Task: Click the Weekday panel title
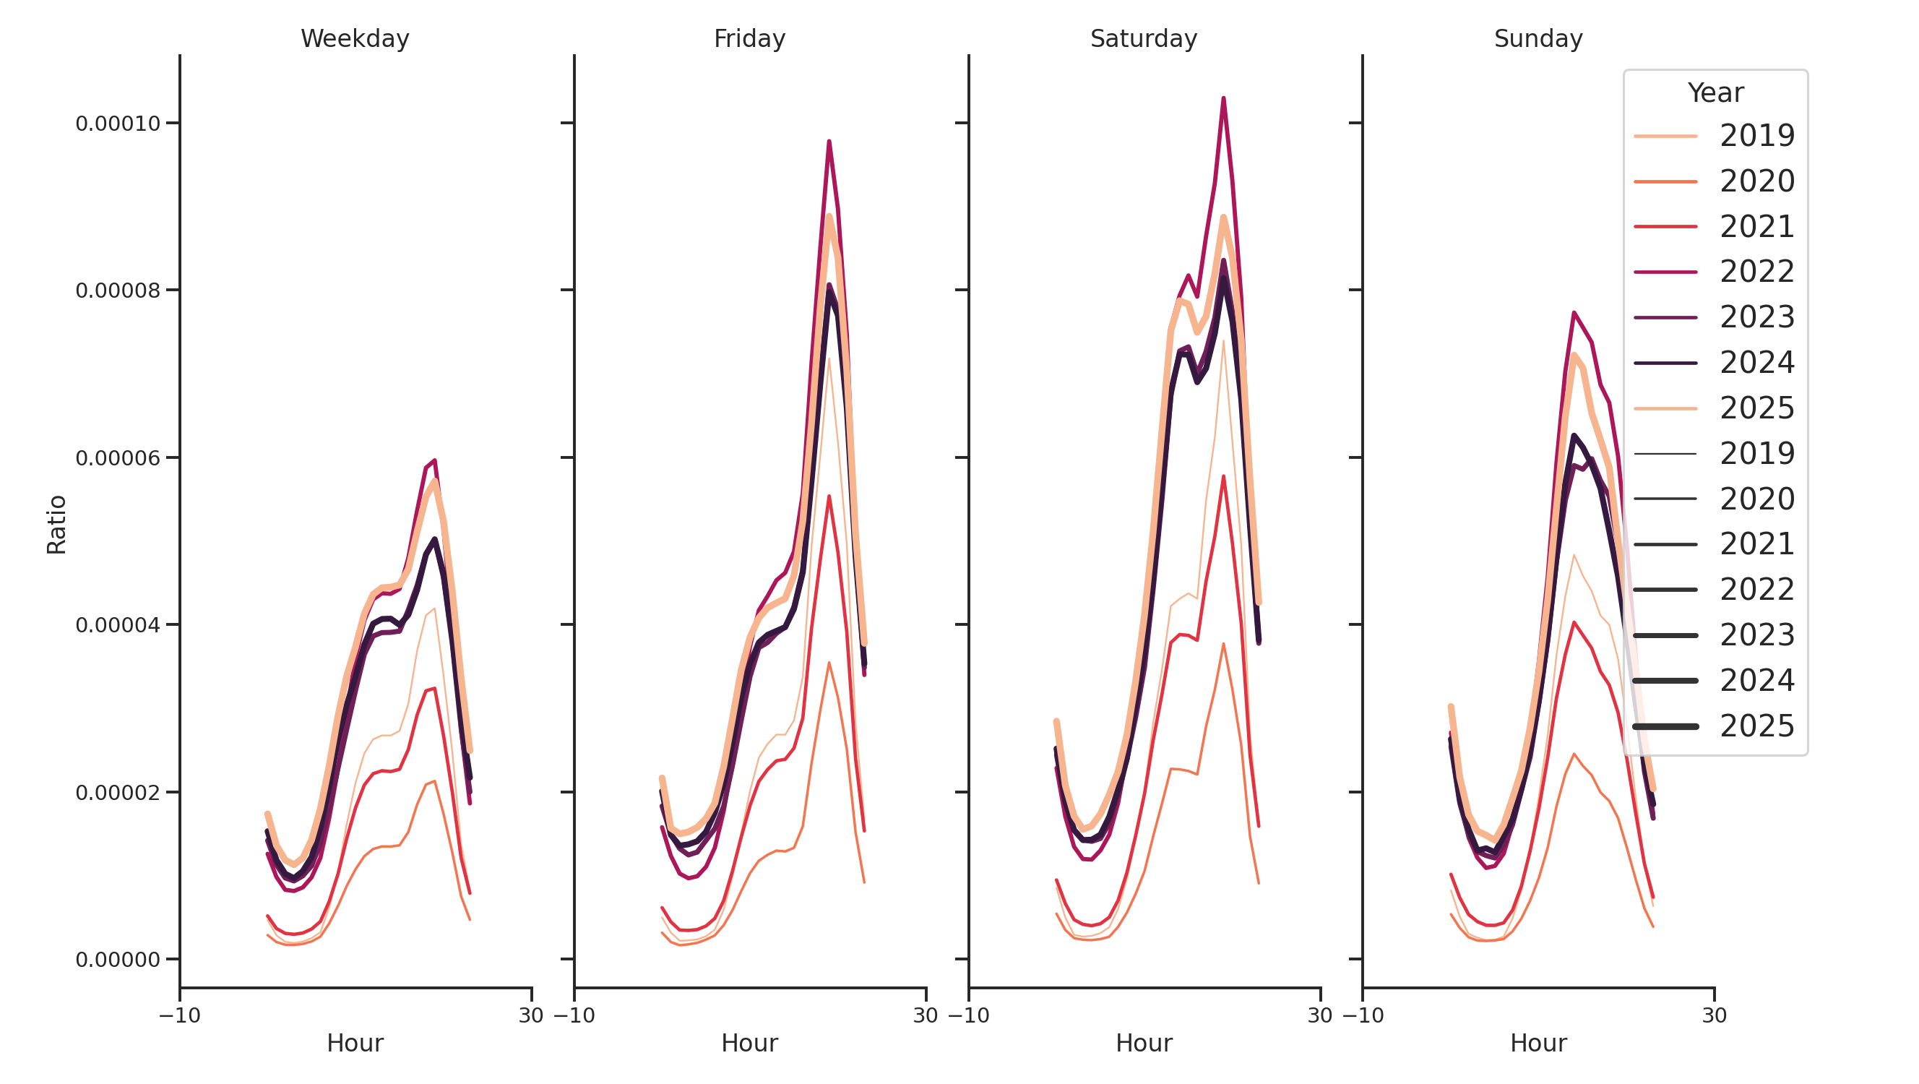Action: coord(355,39)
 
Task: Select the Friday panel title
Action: coord(749,39)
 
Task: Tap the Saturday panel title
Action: coord(1144,39)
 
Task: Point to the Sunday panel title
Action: coord(1538,39)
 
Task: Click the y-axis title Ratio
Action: coord(56,525)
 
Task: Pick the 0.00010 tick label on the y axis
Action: coord(118,124)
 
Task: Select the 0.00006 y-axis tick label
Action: coord(118,458)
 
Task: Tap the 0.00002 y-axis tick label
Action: coord(118,793)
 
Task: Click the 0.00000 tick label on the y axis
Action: coord(118,960)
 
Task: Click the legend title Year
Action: coord(1715,93)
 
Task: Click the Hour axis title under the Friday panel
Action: coord(749,1043)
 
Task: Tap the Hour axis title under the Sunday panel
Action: coord(1538,1043)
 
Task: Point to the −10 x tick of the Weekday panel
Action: coord(179,1015)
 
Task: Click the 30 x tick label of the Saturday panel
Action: coord(1319,1015)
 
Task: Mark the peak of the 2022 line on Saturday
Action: coord(1223,98)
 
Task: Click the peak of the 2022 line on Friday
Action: coord(829,142)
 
